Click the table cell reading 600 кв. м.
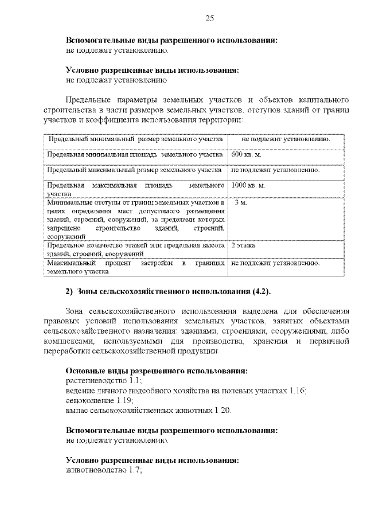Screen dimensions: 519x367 click(246, 155)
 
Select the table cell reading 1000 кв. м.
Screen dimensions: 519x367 click(248, 186)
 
